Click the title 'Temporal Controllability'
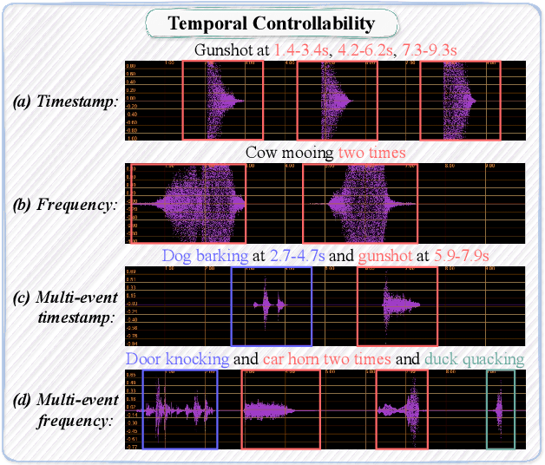tap(272, 23)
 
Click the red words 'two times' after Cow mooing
tap(374, 153)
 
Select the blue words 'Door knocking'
tap(178, 358)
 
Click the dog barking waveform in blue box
tap(271, 305)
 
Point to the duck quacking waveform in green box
tap(500, 409)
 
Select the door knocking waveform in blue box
tap(180, 409)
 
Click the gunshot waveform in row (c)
tap(397, 305)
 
